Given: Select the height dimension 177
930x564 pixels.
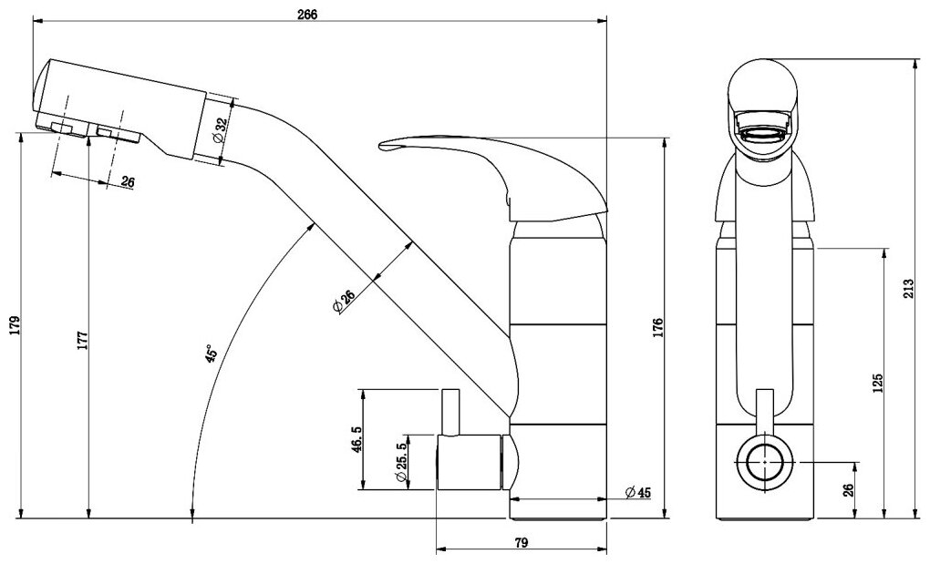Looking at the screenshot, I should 82,339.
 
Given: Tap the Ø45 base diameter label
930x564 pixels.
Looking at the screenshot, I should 637,493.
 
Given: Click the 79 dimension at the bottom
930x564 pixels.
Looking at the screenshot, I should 522,542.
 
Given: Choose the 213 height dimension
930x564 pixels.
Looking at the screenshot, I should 919,289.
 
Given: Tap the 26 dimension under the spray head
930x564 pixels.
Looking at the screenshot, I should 127,182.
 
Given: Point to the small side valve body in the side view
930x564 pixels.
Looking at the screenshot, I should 470,462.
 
